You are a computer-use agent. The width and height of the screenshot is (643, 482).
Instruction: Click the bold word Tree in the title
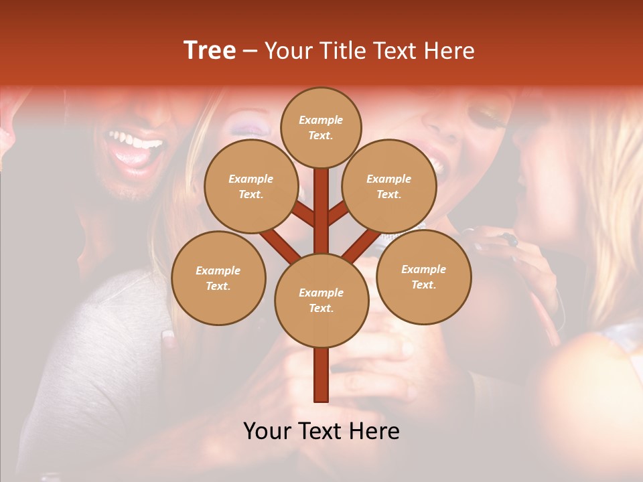[x=210, y=51]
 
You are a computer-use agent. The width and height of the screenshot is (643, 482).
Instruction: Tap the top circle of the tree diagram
[x=321, y=127]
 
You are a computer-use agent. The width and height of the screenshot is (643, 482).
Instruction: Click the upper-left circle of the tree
[x=251, y=186]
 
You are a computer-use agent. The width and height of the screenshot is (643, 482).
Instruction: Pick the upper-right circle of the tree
[x=389, y=186]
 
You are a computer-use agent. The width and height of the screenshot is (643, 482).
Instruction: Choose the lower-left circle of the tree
[x=218, y=278]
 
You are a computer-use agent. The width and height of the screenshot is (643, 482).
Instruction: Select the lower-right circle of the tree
[x=423, y=276]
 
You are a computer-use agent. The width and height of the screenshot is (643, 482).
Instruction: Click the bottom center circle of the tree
[x=321, y=301]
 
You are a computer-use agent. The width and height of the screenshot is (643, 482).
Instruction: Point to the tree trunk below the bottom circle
[x=321, y=375]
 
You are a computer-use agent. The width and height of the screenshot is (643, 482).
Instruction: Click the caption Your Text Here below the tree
[x=321, y=431]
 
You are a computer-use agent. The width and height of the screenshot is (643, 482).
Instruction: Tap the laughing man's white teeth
[x=137, y=141]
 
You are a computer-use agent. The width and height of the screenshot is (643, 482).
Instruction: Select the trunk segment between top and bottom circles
[x=321, y=211]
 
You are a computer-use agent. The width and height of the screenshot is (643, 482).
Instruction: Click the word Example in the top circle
[x=321, y=120]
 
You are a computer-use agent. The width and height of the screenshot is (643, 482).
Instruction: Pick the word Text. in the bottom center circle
[x=321, y=309]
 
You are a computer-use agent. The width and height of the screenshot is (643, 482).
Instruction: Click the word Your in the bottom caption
[x=268, y=431]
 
